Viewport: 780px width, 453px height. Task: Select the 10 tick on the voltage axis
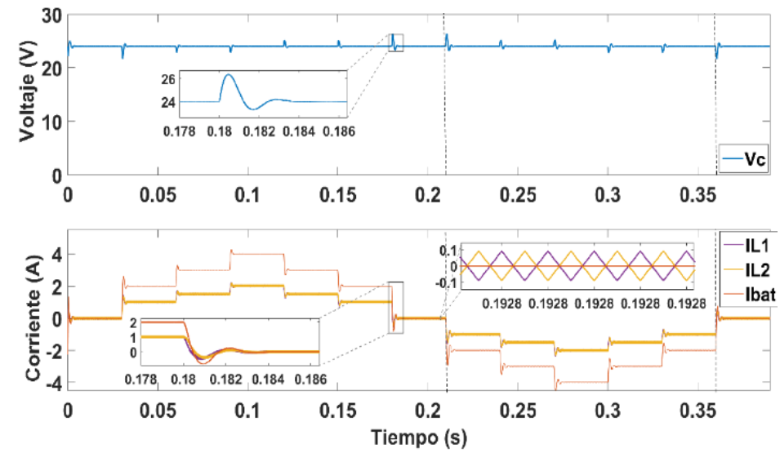[51, 122]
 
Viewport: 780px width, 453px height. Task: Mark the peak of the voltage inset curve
[228, 75]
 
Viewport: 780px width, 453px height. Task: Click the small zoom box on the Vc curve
[396, 42]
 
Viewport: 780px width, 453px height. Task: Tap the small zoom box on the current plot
[396, 307]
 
